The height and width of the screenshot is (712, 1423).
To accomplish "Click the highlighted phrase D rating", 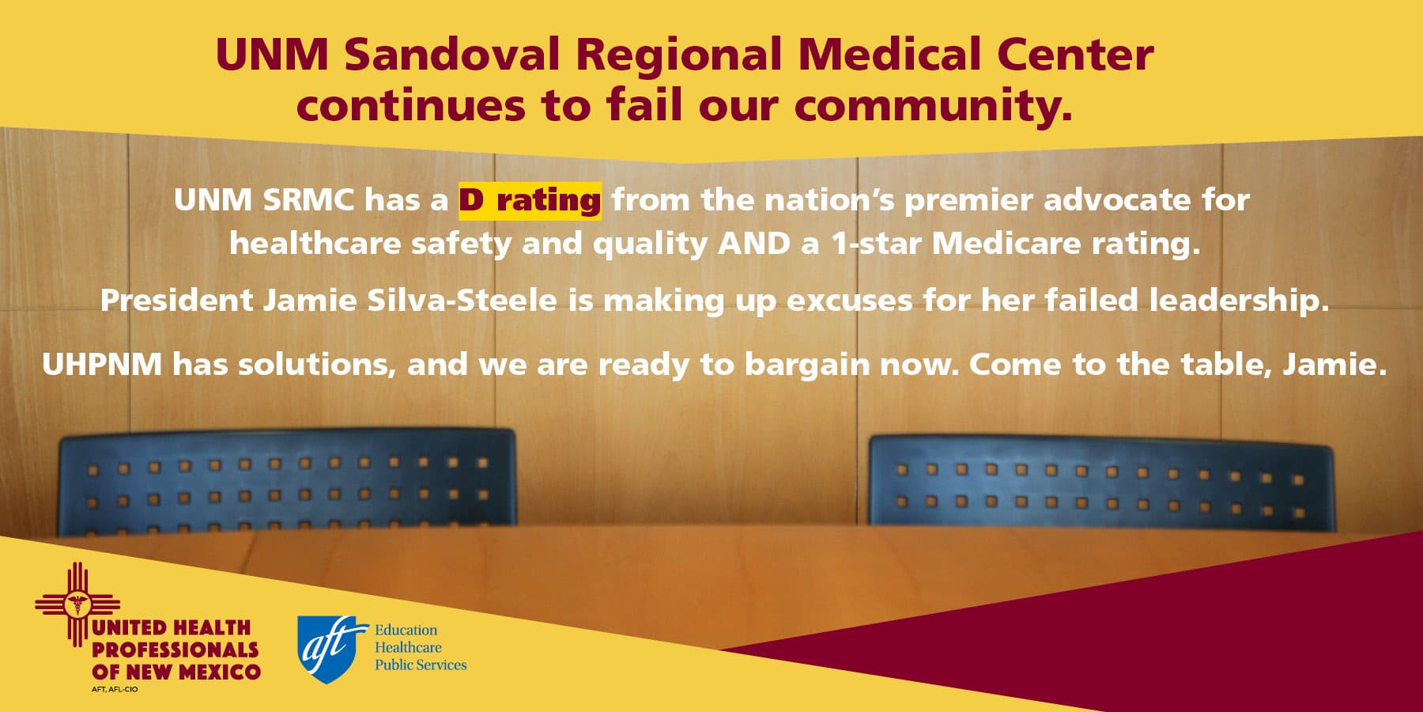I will pos(530,200).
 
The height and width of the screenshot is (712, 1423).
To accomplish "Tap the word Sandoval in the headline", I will pos(452,55).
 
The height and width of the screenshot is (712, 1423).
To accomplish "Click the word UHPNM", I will pos(101,365).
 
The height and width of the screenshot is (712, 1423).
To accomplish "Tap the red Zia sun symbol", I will pos(77,605).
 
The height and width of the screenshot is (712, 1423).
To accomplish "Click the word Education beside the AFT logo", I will pos(406,631).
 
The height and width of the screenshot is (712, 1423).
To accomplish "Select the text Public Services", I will pos(421,665).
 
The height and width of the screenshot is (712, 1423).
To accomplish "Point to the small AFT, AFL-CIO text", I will pos(115,690).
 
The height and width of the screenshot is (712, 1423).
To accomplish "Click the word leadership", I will pos(1238,301).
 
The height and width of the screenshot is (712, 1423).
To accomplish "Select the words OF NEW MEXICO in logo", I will pos(176,672).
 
